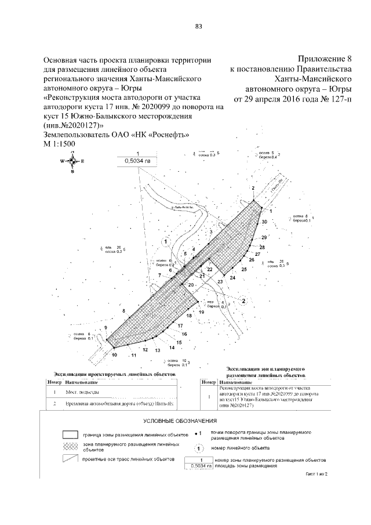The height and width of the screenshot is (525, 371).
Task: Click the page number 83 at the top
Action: click(198, 27)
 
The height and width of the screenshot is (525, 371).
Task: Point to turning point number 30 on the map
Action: click(264, 222)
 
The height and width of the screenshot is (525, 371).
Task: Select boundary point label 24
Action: click(232, 278)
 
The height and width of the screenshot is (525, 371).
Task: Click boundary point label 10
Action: click(114, 354)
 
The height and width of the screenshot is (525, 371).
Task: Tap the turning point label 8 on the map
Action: click(124, 312)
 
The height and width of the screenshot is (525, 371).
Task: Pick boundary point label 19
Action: click(201, 312)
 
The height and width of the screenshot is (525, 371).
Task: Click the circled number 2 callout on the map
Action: click(244, 300)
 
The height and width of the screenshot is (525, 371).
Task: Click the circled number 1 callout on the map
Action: click(166, 241)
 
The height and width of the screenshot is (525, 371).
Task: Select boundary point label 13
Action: click(157, 350)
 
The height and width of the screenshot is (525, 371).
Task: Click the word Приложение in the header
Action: click(322, 59)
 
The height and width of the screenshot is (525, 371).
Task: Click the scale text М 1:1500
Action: click(60, 143)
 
